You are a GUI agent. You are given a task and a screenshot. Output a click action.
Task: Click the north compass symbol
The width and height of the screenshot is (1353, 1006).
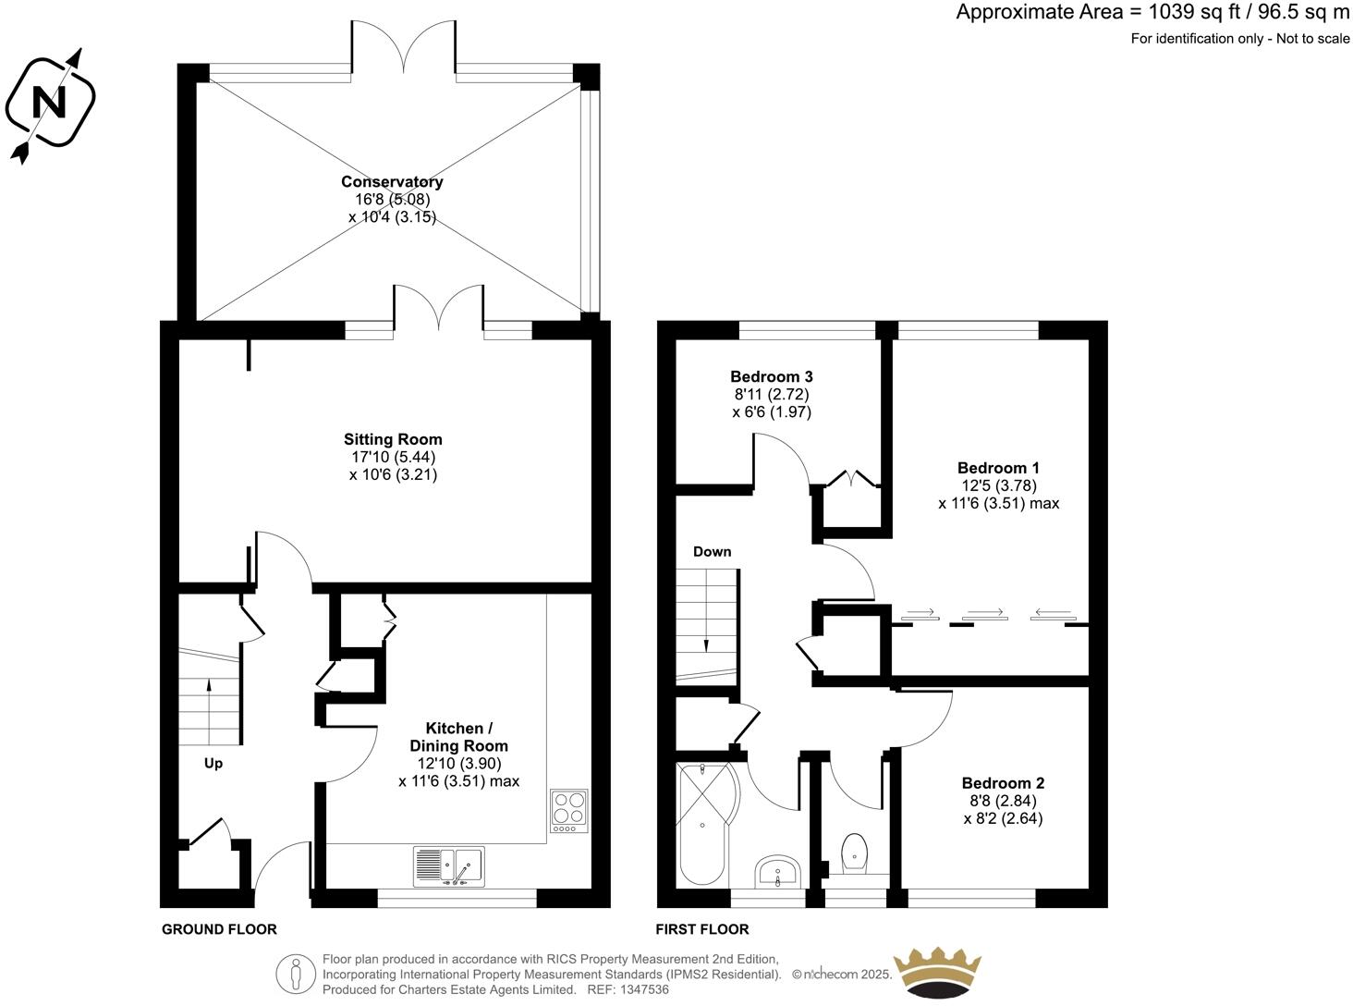50,102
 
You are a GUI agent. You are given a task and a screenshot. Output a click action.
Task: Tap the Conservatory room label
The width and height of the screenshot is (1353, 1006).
392,182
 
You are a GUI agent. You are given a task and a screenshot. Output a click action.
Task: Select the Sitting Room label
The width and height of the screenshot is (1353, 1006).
393,439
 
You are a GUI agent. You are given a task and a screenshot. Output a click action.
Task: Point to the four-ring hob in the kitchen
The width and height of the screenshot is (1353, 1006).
568,810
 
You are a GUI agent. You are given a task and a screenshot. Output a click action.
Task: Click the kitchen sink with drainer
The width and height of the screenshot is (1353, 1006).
448,867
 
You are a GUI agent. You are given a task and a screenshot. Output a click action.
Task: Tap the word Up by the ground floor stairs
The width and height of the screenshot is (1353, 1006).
213,764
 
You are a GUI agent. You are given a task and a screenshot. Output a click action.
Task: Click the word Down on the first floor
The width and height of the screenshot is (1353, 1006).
712,552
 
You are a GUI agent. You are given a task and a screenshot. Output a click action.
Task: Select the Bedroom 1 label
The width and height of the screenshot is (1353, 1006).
998,468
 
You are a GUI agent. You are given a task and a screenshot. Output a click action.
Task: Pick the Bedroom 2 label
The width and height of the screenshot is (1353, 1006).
1003,783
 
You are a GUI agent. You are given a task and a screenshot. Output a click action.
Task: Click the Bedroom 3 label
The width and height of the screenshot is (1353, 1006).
771,376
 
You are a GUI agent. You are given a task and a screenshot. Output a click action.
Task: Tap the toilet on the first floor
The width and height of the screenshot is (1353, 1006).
855,852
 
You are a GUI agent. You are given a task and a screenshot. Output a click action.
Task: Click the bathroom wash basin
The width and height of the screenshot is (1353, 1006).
778,871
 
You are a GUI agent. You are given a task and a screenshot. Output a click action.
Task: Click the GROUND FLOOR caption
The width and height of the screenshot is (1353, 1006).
219,929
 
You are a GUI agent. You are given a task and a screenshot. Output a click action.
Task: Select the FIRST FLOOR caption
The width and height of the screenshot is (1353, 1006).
702,929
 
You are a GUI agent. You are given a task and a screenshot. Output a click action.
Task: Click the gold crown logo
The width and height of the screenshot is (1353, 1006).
936,973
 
